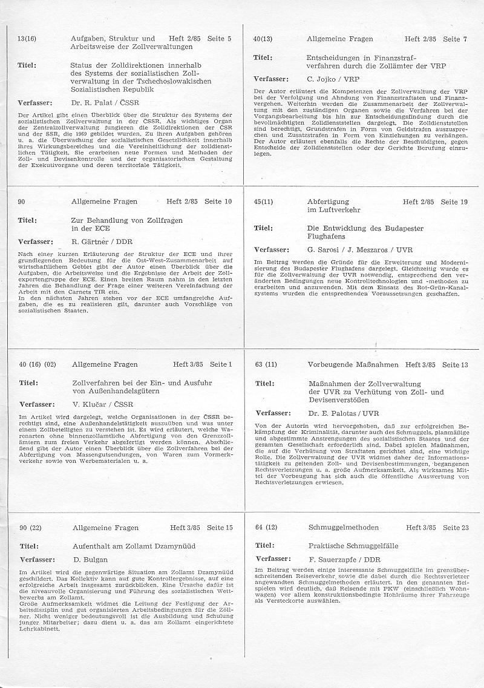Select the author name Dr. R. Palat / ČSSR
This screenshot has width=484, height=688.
(x=101, y=103)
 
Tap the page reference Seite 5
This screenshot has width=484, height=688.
(x=220, y=39)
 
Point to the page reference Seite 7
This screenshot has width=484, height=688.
(x=455, y=39)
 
